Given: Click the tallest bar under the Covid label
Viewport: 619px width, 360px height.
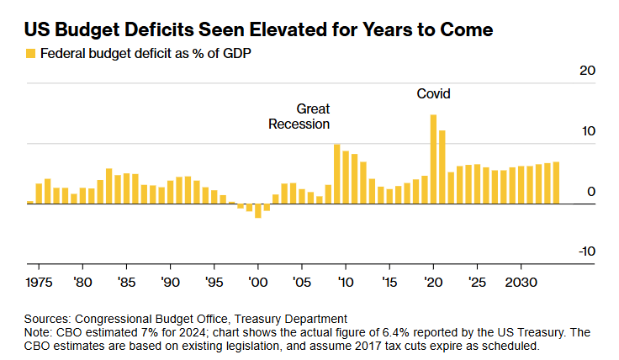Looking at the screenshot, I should pyautogui.click(x=433, y=159).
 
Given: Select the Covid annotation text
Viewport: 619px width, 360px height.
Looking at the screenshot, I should pyautogui.click(x=434, y=94).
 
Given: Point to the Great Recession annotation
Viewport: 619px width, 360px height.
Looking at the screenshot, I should pyautogui.click(x=299, y=116).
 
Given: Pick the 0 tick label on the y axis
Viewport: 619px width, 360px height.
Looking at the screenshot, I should pyautogui.click(x=590, y=192).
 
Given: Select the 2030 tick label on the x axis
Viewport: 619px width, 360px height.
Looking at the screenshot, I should pyautogui.click(x=521, y=281).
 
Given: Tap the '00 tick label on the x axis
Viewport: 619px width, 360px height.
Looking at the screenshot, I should pyautogui.click(x=257, y=281).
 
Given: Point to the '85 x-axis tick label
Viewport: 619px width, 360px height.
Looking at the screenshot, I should pyautogui.click(x=126, y=281).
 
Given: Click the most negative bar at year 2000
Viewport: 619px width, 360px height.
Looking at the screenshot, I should pyautogui.click(x=257, y=210).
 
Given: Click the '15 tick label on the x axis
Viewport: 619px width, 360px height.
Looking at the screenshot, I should pyautogui.click(x=389, y=281).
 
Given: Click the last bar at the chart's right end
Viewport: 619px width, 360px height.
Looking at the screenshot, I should pyautogui.click(x=556, y=183).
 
